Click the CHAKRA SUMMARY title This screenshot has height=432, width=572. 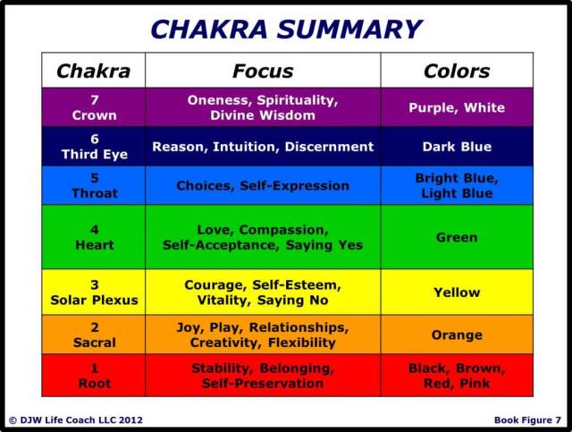pos(286,29)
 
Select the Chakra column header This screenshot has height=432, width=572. pos(94,71)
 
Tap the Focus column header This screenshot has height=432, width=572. pos(263,71)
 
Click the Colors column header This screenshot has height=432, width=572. pos(457,71)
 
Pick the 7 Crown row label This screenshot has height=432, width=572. pos(94,107)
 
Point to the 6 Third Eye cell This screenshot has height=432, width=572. pos(94,147)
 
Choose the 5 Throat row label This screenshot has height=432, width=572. pos(94,186)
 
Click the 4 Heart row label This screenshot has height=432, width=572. pos(94,237)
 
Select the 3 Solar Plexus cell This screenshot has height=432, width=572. pos(94,292)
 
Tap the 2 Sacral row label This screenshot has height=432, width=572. pos(94,335)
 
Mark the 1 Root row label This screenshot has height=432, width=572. pos(94,376)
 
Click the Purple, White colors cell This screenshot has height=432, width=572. pos(457,107)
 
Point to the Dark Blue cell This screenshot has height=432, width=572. pos(457,147)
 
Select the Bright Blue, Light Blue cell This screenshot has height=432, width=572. pos(457,186)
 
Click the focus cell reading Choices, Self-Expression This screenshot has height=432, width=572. pos(263,186)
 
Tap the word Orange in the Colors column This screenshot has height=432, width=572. pos(457,335)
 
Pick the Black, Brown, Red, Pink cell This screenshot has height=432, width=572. pos(457,376)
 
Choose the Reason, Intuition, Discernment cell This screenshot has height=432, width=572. pos(263,147)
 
